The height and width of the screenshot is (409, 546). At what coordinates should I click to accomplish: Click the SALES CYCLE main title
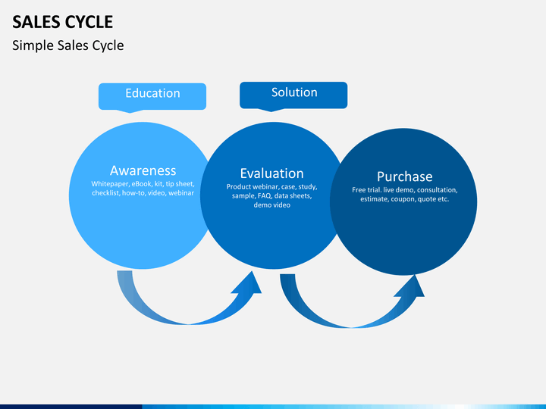(x=63, y=22)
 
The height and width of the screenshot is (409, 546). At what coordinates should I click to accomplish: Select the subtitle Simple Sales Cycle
(x=68, y=45)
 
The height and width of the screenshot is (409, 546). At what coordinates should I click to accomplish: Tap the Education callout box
(x=152, y=96)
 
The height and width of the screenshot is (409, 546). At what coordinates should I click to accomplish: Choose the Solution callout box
(x=293, y=95)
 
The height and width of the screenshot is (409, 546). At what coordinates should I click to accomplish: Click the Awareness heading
(x=143, y=170)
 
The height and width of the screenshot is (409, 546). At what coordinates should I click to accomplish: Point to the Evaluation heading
(x=272, y=173)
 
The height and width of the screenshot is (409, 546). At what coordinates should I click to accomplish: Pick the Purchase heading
(x=405, y=176)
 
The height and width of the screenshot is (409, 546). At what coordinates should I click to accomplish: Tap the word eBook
(x=141, y=184)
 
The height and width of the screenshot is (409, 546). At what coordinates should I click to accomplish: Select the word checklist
(x=105, y=193)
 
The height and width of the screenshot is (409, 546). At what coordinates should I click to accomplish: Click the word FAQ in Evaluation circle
(x=265, y=196)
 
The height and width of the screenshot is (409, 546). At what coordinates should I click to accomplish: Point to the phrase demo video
(x=272, y=205)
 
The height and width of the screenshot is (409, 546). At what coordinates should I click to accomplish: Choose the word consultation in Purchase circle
(x=437, y=190)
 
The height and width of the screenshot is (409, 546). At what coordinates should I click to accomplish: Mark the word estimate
(x=374, y=199)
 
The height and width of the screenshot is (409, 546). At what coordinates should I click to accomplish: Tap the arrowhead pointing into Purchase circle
(x=411, y=286)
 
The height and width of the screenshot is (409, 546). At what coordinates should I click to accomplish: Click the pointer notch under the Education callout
(x=130, y=111)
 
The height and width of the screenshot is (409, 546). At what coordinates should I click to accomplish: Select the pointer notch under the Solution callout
(x=271, y=110)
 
